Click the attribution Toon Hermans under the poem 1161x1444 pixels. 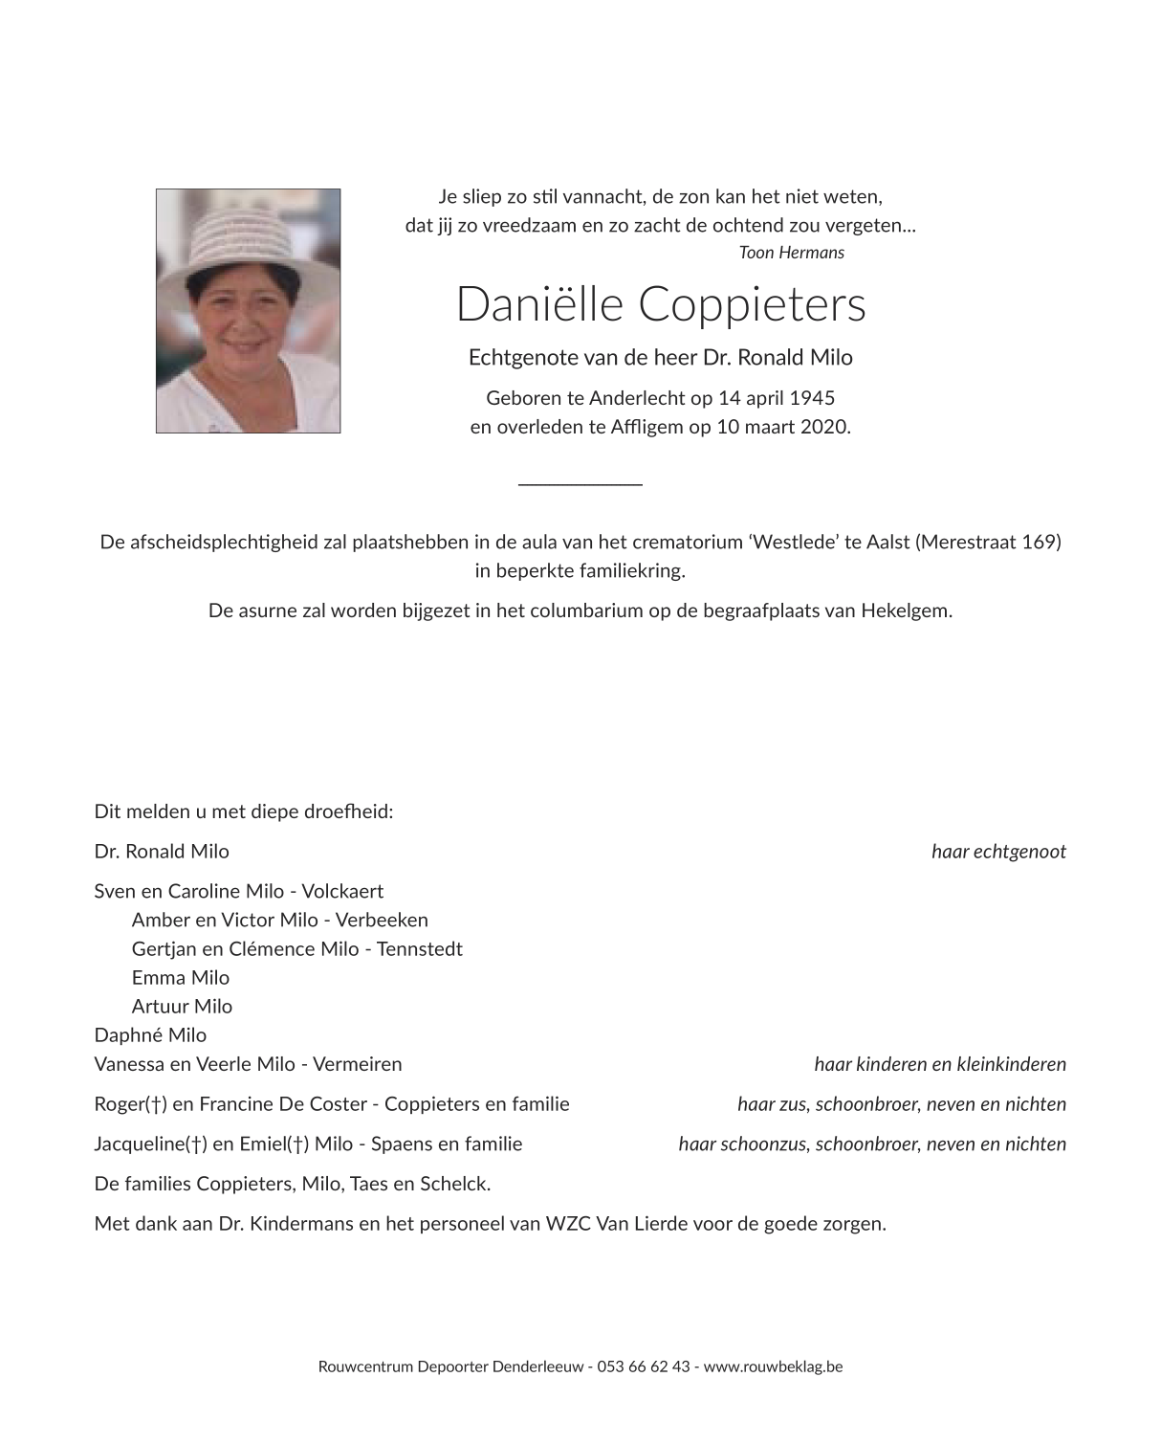791,253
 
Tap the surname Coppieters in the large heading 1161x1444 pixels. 751,304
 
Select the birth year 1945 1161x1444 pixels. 813,398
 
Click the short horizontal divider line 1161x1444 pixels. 580,485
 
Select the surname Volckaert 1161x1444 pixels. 342,892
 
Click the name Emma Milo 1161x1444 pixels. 181,978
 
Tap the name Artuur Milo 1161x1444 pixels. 182,1007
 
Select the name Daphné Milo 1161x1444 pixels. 150,1035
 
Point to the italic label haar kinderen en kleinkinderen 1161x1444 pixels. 939,1064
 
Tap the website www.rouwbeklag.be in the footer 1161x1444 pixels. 773,1366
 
